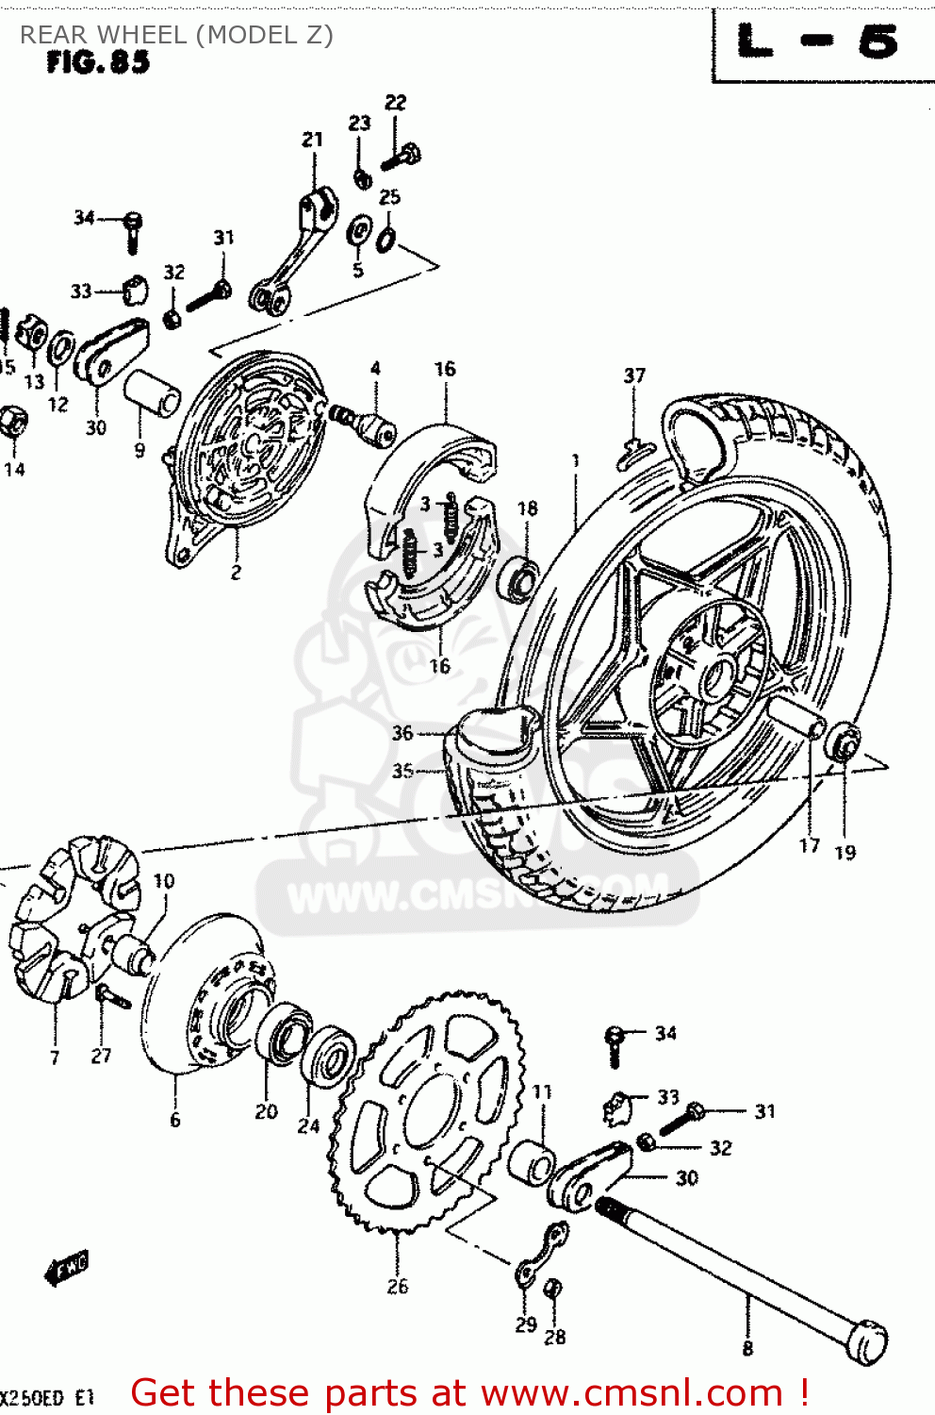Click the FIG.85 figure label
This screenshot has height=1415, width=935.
[98, 62]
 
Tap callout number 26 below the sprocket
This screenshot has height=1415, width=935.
[397, 1286]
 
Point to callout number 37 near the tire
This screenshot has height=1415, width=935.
[634, 375]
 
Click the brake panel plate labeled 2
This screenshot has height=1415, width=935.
[247, 443]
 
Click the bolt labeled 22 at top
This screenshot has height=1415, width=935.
[402, 156]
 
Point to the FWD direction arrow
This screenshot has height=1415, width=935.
[67, 1269]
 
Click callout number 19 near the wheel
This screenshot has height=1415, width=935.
[845, 852]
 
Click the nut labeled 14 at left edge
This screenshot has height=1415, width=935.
[12, 422]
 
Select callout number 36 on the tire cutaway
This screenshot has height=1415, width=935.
[402, 733]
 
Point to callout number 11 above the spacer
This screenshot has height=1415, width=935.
[542, 1091]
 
